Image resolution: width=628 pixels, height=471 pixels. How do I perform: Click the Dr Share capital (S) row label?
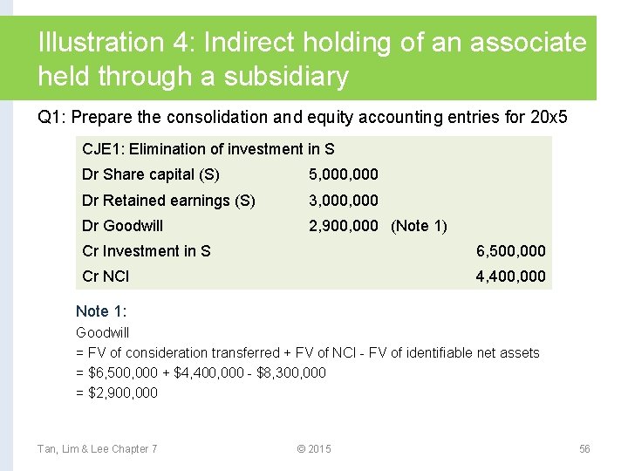click(151, 174)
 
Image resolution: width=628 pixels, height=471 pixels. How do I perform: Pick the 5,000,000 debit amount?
click(344, 174)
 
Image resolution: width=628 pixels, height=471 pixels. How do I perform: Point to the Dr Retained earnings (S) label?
click(168, 201)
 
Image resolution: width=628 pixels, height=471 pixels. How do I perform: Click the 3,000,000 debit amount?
click(344, 201)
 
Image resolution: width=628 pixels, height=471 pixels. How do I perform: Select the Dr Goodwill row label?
click(122, 226)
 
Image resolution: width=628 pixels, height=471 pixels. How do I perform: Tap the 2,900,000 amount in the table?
click(344, 226)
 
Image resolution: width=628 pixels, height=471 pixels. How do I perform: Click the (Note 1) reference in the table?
click(419, 226)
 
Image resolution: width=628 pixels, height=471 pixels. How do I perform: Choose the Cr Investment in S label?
click(147, 251)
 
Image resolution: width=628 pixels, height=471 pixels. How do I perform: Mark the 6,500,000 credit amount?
click(510, 251)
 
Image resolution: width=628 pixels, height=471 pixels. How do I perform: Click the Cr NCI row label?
click(106, 276)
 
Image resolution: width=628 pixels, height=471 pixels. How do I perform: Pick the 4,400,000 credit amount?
click(510, 276)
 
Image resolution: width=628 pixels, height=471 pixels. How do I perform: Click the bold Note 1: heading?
click(104, 311)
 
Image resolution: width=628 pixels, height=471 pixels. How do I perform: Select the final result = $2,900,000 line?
click(117, 392)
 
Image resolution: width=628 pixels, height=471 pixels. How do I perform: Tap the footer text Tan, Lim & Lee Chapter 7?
click(97, 448)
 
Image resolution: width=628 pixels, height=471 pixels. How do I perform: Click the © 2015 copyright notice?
click(314, 448)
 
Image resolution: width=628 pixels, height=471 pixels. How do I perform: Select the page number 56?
click(584, 448)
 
